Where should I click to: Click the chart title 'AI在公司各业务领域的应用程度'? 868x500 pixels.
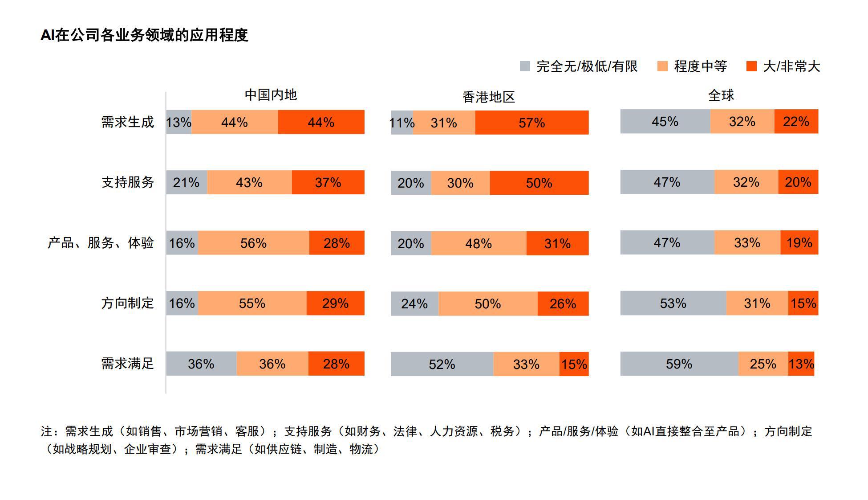[x=144, y=35]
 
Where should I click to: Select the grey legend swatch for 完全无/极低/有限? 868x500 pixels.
[x=525, y=66]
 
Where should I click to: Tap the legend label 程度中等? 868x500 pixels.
[x=700, y=66]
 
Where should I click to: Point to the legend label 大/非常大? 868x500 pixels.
[x=791, y=66]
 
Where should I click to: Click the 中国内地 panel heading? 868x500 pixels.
[x=271, y=95]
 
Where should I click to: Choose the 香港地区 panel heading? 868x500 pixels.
[x=488, y=97]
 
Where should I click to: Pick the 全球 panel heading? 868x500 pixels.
[x=721, y=95]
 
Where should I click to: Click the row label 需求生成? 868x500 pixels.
[x=127, y=122]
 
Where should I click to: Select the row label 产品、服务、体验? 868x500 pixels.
[x=101, y=243]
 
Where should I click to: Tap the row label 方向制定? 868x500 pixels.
[x=127, y=303]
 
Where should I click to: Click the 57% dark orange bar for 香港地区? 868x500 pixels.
[x=531, y=123]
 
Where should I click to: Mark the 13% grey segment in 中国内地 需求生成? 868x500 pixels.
[x=178, y=122]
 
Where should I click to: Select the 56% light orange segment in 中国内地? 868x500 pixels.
[x=253, y=243]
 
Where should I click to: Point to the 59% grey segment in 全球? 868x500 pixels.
[x=679, y=364]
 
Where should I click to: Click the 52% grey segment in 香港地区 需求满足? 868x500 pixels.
[x=442, y=364]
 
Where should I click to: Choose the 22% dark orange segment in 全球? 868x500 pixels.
[x=796, y=121]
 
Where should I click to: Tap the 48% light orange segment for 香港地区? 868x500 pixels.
[x=479, y=243]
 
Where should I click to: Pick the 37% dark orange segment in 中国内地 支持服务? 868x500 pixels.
[x=328, y=182]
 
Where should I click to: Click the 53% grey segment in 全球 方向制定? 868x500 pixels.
[x=673, y=303]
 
